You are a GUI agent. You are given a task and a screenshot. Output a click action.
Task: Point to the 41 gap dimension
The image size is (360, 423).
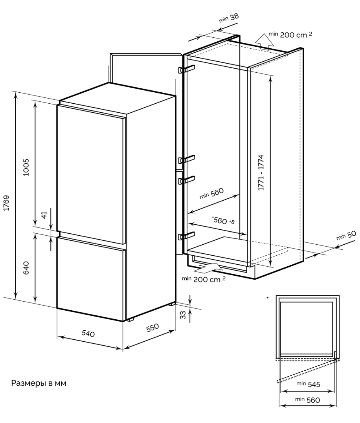pyautogui.click(x=44, y=215)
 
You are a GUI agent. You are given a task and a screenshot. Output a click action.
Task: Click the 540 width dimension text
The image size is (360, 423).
pyautogui.click(x=88, y=334)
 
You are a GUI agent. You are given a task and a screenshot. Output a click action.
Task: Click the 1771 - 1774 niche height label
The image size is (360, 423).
pyautogui.click(x=261, y=173)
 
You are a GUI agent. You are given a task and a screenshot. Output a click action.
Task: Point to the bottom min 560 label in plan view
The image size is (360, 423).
pyautogui.click(x=308, y=400)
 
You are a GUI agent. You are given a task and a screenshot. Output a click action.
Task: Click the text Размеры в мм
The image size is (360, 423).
pyautogui.click(x=39, y=383)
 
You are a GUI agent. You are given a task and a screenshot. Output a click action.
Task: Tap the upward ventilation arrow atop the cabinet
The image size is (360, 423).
pyautogui.click(x=260, y=40)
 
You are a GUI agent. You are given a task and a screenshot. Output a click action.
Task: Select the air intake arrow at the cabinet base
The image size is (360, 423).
pyautogui.click(x=208, y=269)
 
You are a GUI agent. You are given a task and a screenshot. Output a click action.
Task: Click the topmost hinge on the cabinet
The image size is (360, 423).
pyautogui.click(x=186, y=69)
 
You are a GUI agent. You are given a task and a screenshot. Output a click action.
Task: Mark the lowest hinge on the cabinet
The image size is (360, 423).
pyautogui.click(x=186, y=236)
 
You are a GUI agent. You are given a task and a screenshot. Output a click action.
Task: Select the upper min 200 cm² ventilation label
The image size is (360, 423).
pyautogui.click(x=290, y=35)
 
